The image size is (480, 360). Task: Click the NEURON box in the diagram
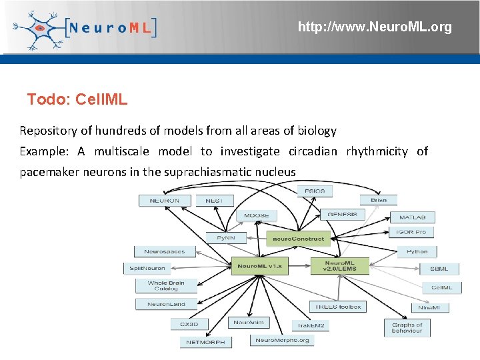click(x=164, y=200)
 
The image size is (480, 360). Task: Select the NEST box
click(x=214, y=200)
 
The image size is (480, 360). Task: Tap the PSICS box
click(x=314, y=191)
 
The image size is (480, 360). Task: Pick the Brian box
click(x=378, y=200)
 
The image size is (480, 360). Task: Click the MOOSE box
click(x=256, y=215)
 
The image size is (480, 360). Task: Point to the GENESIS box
click(x=342, y=215)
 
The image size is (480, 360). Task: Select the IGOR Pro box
click(x=411, y=232)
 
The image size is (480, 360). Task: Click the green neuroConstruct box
click(x=299, y=238)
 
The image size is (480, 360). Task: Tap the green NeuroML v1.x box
click(x=259, y=266)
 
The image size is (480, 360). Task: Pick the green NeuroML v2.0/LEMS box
click(x=340, y=266)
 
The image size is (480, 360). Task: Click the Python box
click(x=417, y=252)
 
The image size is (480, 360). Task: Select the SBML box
click(x=439, y=269)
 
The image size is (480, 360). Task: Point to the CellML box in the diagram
click(x=441, y=287)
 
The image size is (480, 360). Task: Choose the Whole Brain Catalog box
click(x=166, y=286)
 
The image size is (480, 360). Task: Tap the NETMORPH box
click(x=205, y=342)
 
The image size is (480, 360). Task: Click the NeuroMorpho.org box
click(x=282, y=340)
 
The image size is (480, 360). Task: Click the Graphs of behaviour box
click(x=407, y=328)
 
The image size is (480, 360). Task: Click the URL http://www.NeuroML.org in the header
click(x=374, y=27)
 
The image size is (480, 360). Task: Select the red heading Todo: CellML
click(x=77, y=100)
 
